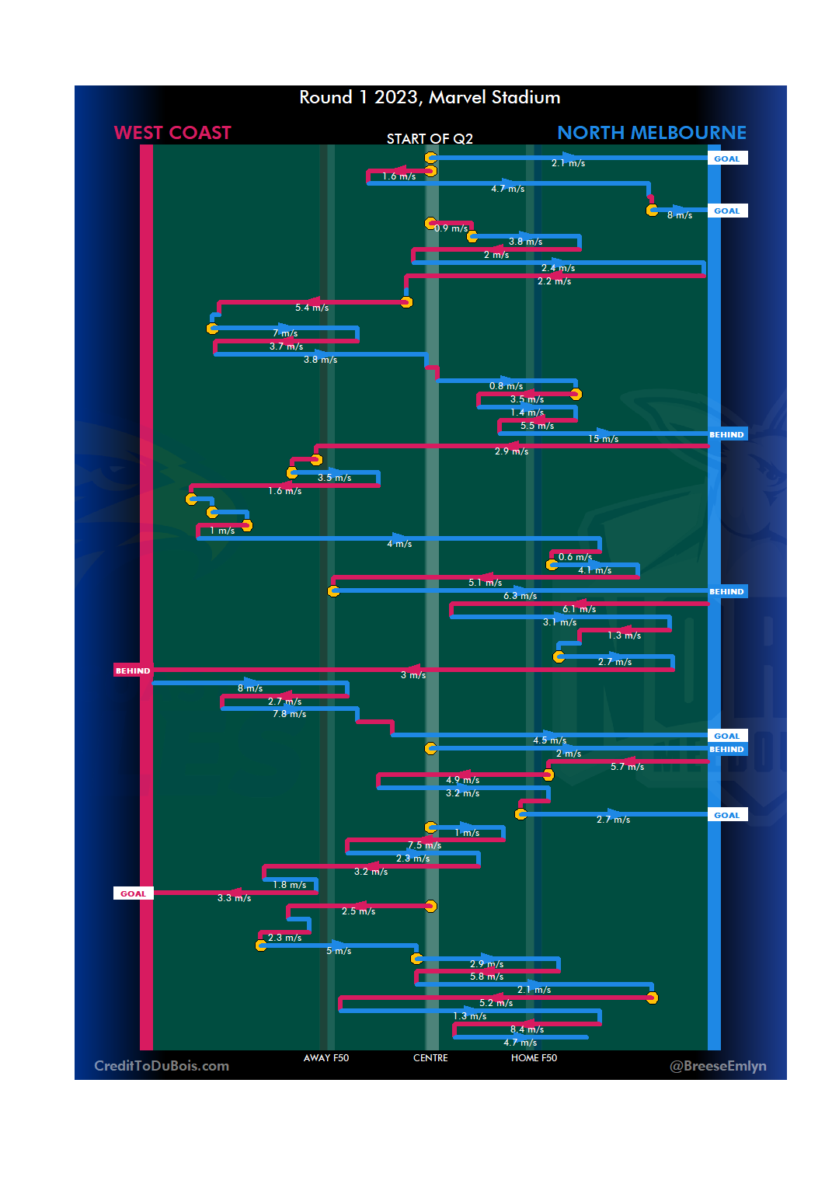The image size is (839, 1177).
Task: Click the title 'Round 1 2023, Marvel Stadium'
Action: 430,97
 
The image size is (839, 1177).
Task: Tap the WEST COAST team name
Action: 172,133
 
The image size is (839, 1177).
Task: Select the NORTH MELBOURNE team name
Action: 651,133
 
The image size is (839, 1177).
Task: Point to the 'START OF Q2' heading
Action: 430,139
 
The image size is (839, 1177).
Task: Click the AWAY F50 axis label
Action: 326,1058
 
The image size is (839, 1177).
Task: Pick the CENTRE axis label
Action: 430,1058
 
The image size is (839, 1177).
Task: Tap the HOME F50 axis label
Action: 534,1058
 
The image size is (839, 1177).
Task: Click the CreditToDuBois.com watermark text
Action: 162,1066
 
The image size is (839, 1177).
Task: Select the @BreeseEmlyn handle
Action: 718,1066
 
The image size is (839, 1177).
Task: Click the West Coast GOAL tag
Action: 133,893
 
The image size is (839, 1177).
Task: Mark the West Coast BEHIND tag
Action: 133,670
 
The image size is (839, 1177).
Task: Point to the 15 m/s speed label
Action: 603,440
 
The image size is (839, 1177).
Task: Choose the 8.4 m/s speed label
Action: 527,1030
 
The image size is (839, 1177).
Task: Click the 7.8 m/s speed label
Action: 289,714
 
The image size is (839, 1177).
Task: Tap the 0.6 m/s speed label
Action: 575,557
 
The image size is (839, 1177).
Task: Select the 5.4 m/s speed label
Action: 312,308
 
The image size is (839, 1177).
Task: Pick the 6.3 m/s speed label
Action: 520,596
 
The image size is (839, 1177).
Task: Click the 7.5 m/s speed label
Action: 424,845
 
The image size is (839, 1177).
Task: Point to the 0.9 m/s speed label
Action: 451,228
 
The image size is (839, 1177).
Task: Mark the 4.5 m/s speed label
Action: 549,740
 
